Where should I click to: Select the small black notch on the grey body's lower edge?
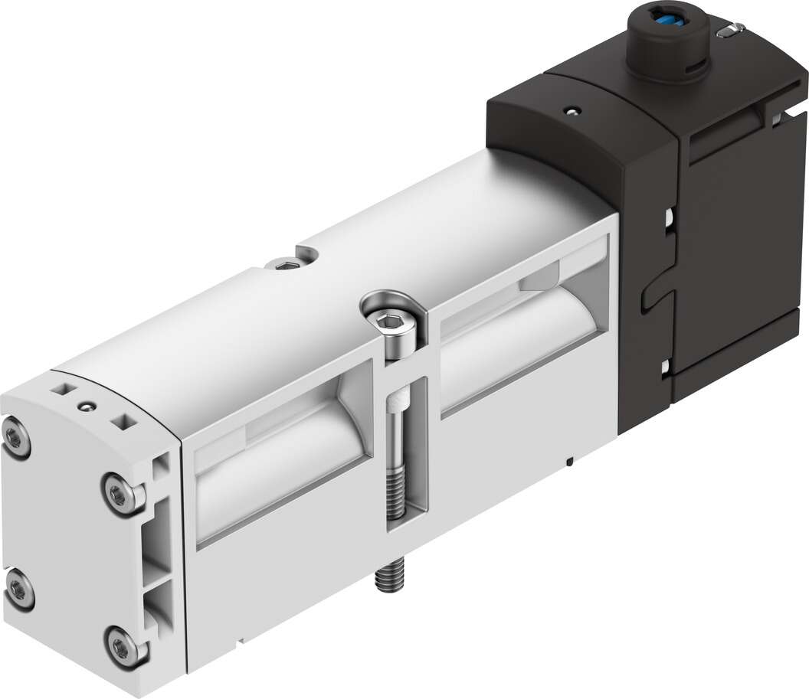coord(572,461)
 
